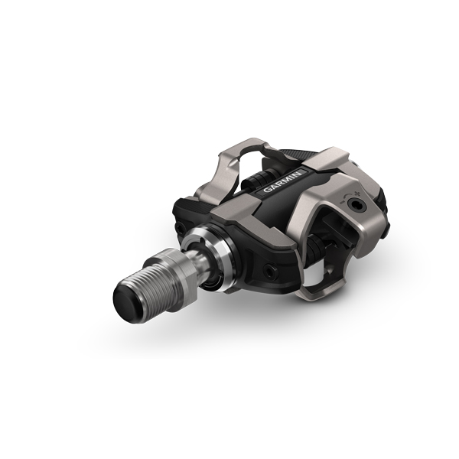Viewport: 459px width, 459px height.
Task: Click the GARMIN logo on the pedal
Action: click(x=282, y=181)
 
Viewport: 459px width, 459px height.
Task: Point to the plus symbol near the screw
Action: click(x=356, y=194)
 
